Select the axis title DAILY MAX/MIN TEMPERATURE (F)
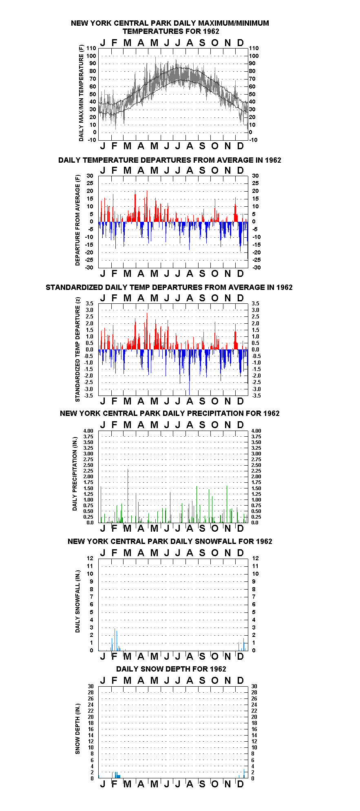click(81, 93)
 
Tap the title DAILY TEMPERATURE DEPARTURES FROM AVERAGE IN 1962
click(170, 160)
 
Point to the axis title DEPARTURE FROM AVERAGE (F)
click(77, 220)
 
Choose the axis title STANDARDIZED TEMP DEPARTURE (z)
click(77, 349)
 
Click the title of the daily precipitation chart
click(170, 413)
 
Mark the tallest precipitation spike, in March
click(128, 496)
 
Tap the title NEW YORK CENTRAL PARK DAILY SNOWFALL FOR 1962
click(170, 541)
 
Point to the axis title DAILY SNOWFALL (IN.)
click(77, 601)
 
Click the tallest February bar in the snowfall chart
click(115, 639)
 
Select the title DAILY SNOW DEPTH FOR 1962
click(171, 669)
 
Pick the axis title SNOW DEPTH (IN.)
click(77, 729)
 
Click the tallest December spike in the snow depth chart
click(244, 773)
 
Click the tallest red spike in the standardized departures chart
click(147, 331)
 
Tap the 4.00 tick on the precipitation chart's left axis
click(88, 431)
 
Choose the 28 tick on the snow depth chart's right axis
click(254, 692)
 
